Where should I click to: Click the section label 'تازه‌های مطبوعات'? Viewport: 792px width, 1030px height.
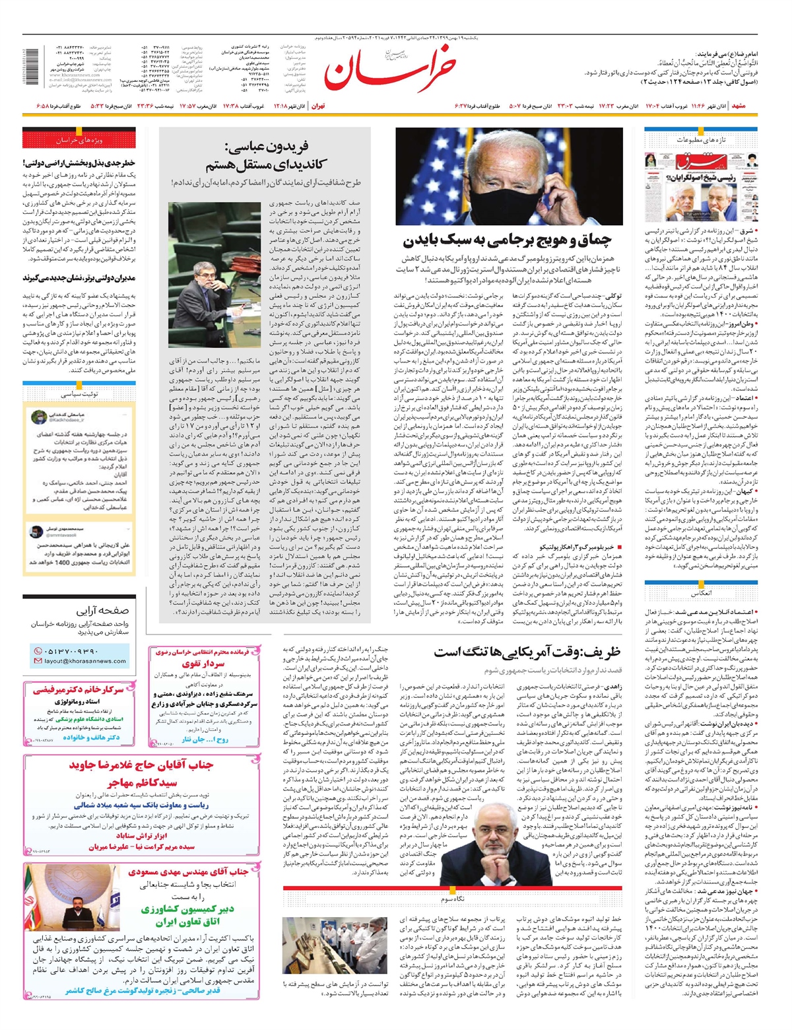tap(700, 140)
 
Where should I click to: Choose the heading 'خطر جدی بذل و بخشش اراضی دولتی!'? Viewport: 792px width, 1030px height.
tap(79, 162)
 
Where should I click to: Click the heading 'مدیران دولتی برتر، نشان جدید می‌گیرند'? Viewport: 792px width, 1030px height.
tap(79, 279)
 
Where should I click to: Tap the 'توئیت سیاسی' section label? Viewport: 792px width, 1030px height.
tap(79, 394)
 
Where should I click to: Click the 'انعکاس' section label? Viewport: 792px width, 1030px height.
tap(700, 593)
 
